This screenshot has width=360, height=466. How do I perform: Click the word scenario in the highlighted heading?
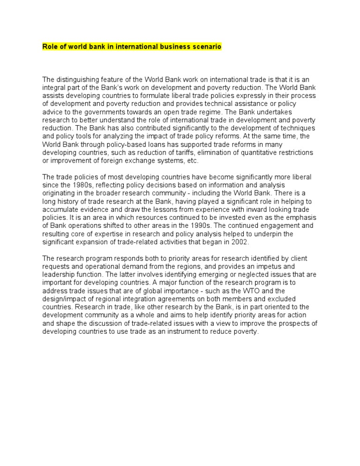[x=206, y=47]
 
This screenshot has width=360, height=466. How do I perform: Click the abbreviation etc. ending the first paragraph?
[x=193, y=160]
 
